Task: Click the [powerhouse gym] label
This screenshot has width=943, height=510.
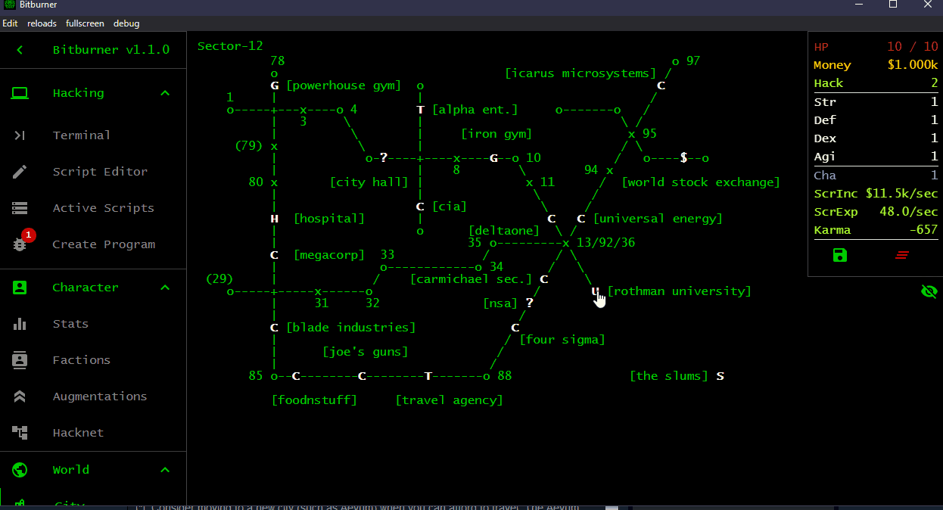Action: [344, 86]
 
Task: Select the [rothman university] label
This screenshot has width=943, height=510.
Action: [679, 291]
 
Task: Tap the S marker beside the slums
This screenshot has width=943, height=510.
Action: [720, 376]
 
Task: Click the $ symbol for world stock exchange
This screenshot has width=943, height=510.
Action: [683, 158]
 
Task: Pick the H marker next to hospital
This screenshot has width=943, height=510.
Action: [275, 219]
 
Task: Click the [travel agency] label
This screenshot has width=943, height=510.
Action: [449, 400]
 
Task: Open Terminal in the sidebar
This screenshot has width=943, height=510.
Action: [82, 135]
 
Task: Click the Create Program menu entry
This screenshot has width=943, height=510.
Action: [104, 244]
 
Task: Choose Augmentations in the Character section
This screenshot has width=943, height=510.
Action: [100, 396]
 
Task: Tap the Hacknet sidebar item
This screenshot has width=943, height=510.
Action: [78, 433]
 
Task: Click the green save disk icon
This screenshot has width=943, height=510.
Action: [839, 255]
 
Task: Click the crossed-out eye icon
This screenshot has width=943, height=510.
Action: [929, 291]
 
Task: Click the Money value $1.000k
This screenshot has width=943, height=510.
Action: [913, 65]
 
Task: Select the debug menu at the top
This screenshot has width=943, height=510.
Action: [126, 23]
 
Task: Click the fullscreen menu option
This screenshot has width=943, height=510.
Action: [85, 23]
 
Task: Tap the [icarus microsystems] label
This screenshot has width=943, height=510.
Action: [580, 73]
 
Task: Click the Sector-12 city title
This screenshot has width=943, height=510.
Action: [230, 46]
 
